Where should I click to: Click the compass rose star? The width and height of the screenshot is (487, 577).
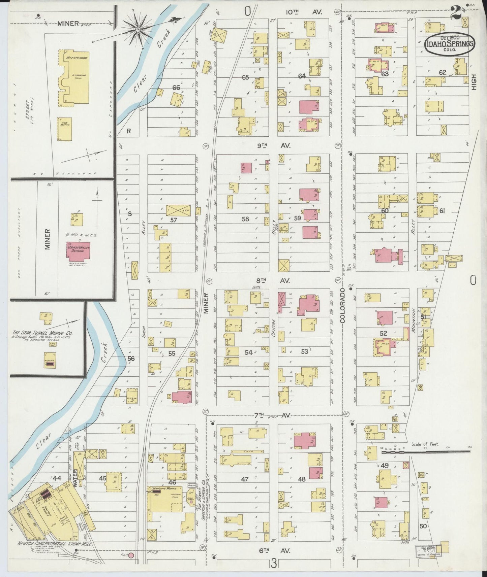[138, 30]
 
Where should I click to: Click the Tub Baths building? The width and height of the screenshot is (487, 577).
[64, 129]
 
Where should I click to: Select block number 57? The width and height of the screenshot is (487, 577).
[174, 220]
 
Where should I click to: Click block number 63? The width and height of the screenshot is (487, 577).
[385, 74]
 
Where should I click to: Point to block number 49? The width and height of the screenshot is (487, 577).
[385, 466]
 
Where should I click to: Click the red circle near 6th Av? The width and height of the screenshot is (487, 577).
[132, 555]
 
